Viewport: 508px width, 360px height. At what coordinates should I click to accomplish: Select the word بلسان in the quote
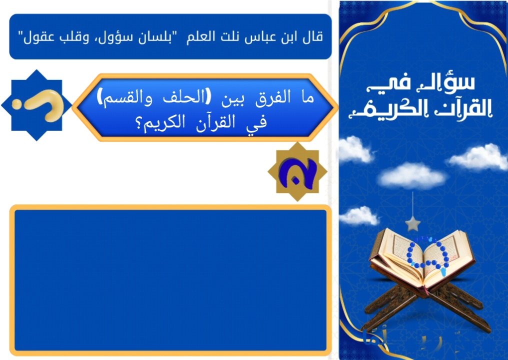(x=153, y=37)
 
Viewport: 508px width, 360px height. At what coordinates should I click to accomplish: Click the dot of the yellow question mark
(x=17, y=104)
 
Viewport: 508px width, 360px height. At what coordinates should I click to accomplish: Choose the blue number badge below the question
(x=297, y=172)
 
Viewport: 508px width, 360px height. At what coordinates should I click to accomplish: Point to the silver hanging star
(x=412, y=223)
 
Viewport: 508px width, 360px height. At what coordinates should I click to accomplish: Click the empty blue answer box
(x=170, y=280)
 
